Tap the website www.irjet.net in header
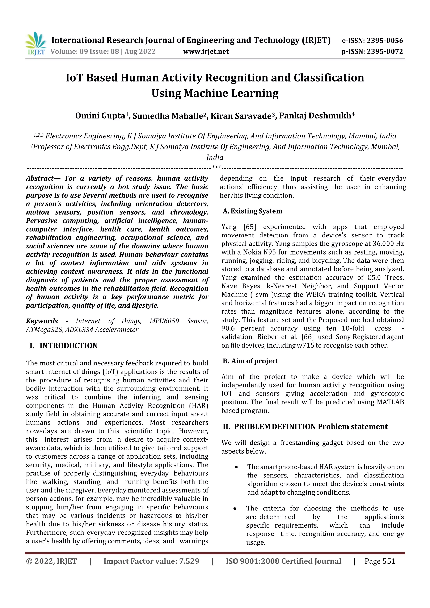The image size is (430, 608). [x=206, y=51]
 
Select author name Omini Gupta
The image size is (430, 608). [x=100, y=116]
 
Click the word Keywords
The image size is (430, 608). [x=42, y=321]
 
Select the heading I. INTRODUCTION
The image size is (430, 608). [x=64, y=346]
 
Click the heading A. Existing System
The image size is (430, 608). [x=252, y=211]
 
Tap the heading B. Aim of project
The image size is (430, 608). [x=250, y=361]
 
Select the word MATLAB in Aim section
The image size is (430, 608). [x=390, y=402]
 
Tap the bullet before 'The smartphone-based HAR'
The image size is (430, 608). [x=236, y=467]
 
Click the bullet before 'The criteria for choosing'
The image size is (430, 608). [x=235, y=509]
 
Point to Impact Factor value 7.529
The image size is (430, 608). [x=151, y=561]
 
